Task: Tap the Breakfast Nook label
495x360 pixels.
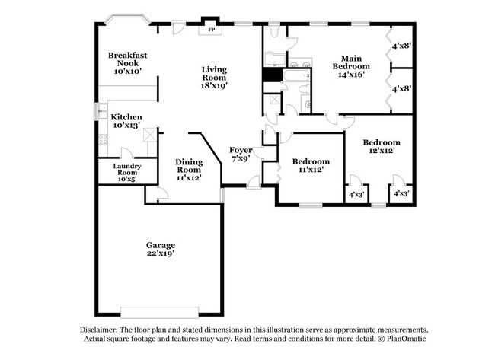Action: (x=127, y=62)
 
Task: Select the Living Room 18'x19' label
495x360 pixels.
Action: (x=214, y=78)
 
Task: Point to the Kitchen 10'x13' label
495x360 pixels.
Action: (x=126, y=120)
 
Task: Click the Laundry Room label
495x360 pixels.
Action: (x=126, y=172)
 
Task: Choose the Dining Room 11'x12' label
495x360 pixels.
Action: (x=189, y=169)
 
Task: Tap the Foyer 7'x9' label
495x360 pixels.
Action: (x=241, y=155)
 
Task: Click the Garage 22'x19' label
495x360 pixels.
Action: (x=161, y=249)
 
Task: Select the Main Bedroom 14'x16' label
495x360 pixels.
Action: (x=350, y=66)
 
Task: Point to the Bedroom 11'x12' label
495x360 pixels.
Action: (x=311, y=165)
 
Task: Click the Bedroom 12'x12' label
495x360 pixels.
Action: (x=381, y=146)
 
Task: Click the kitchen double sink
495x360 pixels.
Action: (x=100, y=111)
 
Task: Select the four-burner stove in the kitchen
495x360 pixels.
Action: (x=101, y=140)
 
